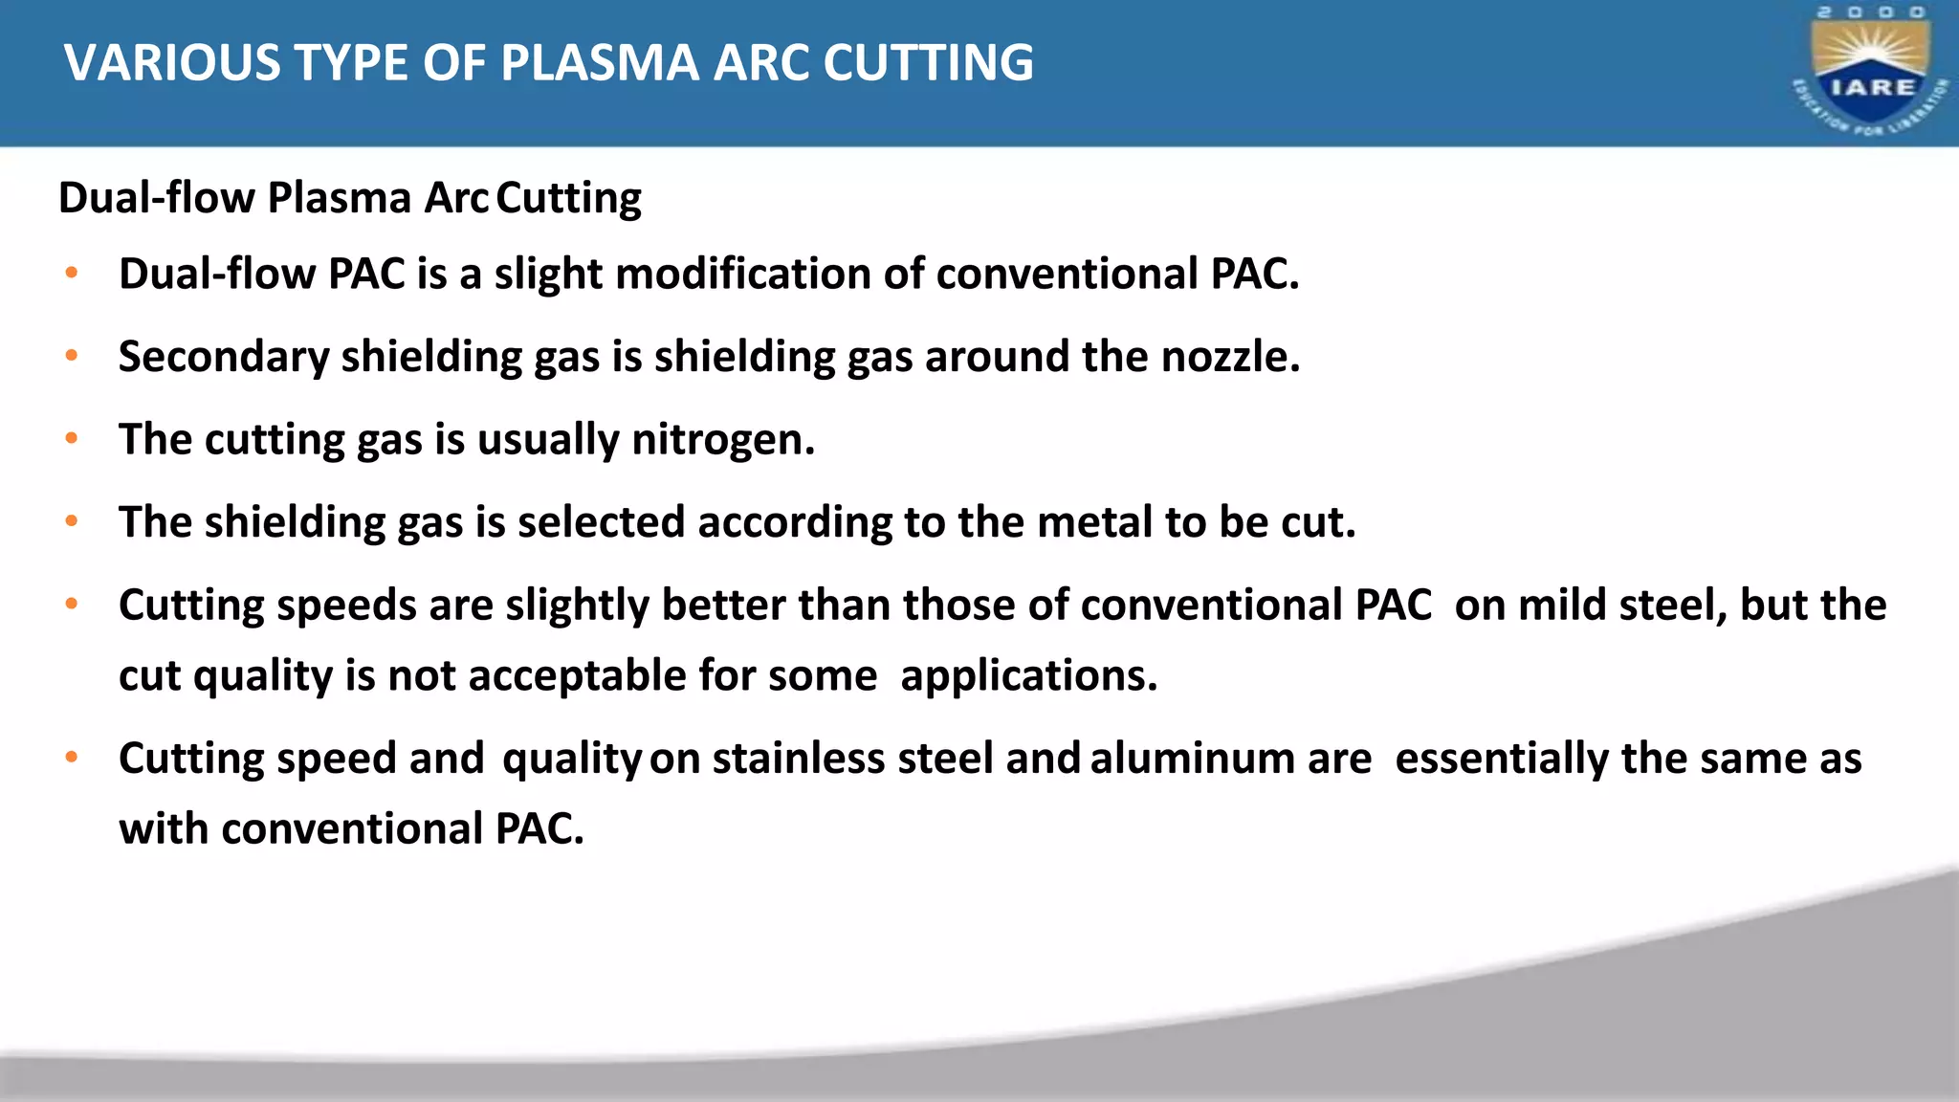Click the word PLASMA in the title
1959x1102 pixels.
tap(601, 63)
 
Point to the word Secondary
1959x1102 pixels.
tap(223, 358)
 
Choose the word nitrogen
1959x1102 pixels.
tap(722, 440)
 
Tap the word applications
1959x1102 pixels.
tap(1028, 676)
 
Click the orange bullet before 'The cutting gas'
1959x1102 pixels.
tap(72, 439)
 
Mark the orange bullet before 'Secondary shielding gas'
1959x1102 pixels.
tap(72, 356)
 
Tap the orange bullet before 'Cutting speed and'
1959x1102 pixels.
tap(72, 758)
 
